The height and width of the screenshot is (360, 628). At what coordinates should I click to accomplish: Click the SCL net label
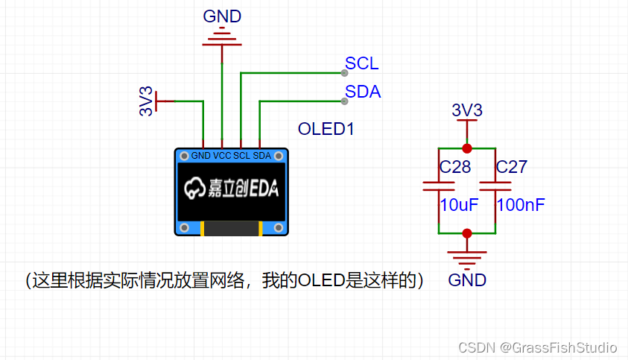pyautogui.click(x=361, y=63)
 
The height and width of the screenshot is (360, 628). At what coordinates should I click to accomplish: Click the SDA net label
pyautogui.click(x=363, y=92)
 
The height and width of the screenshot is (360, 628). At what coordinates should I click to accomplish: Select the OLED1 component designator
pyautogui.click(x=326, y=128)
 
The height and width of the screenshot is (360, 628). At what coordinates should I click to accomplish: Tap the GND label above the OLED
pyautogui.click(x=222, y=16)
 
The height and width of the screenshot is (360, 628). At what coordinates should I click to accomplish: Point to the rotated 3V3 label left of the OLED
pyautogui.click(x=147, y=101)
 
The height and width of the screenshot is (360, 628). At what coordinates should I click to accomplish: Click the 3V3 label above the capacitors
pyautogui.click(x=467, y=110)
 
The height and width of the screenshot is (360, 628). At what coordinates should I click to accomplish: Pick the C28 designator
pyautogui.click(x=454, y=167)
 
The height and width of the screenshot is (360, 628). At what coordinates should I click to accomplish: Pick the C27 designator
pyautogui.click(x=511, y=167)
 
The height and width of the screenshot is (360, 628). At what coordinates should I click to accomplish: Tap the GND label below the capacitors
pyautogui.click(x=467, y=280)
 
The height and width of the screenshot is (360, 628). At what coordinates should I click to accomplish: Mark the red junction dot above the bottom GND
pyautogui.click(x=467, y=233)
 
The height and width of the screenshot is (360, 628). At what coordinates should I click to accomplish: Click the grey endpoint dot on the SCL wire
pyautogui.click(x=343, y=73)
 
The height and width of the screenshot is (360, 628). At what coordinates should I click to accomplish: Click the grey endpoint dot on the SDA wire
pyautogui.click(x=343, y=101)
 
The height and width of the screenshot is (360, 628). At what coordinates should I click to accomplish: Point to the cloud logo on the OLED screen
pyautogui.click(x=195, y=189)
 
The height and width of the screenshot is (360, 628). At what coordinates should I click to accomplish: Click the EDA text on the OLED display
pyautogui.click(x=263, y=189)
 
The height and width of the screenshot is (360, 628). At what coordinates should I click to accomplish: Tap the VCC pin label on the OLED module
pyautogui.click(x=222, y=156)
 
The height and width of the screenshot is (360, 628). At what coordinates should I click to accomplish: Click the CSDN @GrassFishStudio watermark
pyautogui.click(x=537, y=347)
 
